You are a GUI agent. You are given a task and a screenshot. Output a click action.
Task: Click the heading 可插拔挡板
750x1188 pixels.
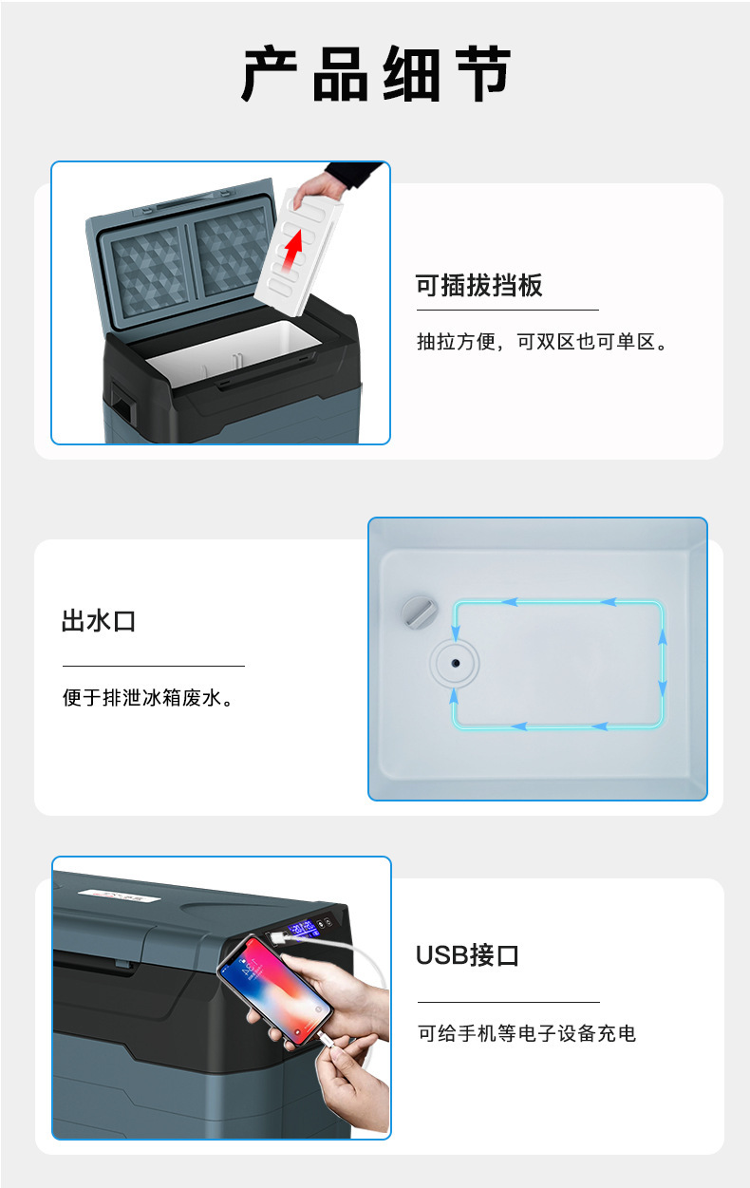(x=478, y=286)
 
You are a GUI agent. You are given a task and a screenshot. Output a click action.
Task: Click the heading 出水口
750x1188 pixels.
(x=99, y=622)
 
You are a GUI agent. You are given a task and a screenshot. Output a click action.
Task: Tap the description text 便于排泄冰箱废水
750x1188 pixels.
(x=148, y=699)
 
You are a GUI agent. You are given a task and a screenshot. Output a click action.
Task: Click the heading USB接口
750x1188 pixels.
(x=467, y=955)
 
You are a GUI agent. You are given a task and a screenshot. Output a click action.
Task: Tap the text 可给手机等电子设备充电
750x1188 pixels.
(x=527, y=1033)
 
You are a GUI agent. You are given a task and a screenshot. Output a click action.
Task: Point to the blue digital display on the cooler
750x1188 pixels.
(x=304, y=928)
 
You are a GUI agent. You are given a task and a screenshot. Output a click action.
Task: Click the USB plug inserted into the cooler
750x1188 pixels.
(x=276, y=937)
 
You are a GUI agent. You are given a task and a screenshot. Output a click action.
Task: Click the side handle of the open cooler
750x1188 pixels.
(x=122, y=400)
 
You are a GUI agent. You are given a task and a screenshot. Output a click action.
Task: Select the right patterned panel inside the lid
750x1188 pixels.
(x=232, y=251)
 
